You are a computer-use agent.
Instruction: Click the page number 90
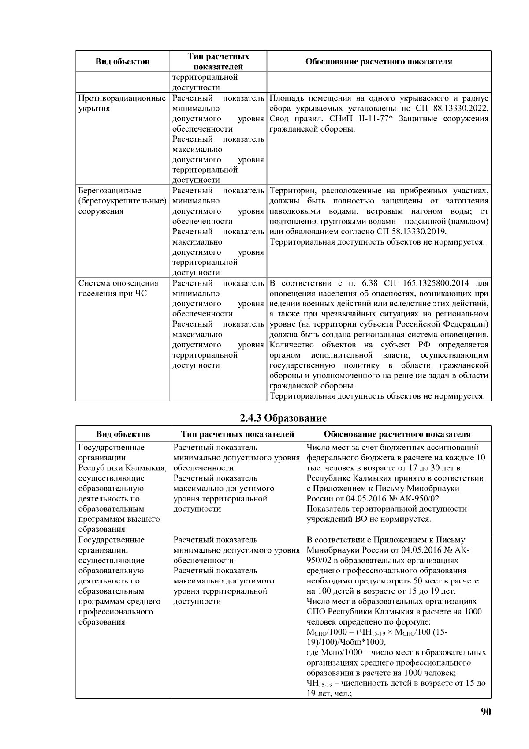(x=485, y=711)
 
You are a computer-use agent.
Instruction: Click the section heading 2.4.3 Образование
(x=283, y=418)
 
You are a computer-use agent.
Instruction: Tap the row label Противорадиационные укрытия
(x=122, y=103)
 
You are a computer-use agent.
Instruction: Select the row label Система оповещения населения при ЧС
(x=118, y=288)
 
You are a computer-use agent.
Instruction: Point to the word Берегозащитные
(x=110, y=191)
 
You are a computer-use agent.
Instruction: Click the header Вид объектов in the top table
(x=122, y=61)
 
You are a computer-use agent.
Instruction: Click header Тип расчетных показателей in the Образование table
(x=237, y=434)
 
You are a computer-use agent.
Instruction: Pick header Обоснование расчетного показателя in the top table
(x=379, y=61)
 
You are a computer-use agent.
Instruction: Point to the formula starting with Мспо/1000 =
(x=377, y=632)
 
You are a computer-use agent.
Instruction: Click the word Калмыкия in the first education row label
(x=147, y=468)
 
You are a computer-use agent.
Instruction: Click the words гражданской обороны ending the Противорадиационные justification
(x=312, y=129)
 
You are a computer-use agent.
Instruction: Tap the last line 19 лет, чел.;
(x=329, y=693)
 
